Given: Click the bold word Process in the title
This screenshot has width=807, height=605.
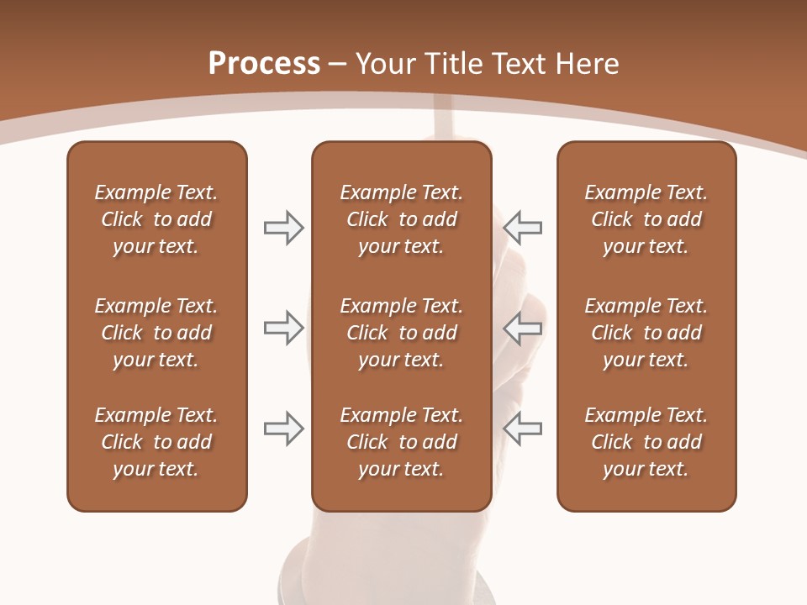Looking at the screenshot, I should click(x=264, y=64).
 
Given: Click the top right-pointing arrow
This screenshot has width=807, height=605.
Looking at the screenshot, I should click(x=283, y=228).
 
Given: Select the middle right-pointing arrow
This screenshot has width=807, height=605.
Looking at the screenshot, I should click(x=283, y=328).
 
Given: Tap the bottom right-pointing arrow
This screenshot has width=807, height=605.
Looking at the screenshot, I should click(x=283, y=429).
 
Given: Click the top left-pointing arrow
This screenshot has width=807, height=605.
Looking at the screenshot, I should click(x=522, y=228).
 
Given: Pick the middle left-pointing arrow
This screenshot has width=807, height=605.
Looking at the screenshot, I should click(x=522, y=328).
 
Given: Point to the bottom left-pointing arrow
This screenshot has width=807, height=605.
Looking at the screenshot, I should click(x=522, y=429).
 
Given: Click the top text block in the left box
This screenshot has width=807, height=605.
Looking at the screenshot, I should click(x=156, y=219).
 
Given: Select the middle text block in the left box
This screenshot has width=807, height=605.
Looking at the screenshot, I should click(x=156, y=333).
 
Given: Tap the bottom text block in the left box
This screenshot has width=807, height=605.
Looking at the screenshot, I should click(x=156, y=442).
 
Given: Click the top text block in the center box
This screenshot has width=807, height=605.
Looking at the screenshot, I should click(x=401, y=219).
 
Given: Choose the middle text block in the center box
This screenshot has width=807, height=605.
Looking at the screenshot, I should click(x=401, y=333).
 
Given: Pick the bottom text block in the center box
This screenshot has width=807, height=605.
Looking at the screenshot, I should click(x=401, y=442).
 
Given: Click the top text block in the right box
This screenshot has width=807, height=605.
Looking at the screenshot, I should click(x=646, y=219).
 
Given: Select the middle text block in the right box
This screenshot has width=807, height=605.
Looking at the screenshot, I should click(x=646, y=333).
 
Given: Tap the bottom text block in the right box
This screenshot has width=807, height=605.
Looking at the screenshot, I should click(x=646, y=442).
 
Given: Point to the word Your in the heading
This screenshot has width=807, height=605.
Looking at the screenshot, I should click(x=383, y=64).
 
